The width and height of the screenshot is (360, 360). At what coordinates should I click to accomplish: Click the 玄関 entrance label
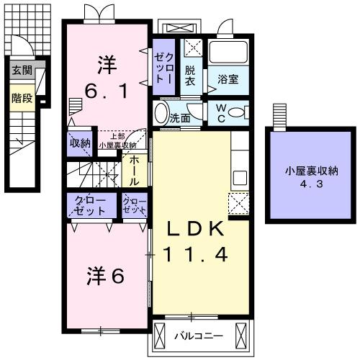(x=22, y=71)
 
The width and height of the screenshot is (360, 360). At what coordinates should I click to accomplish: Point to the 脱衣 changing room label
(x=190, y=76)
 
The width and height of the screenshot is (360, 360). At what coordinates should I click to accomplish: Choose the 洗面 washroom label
(x=179, y=117)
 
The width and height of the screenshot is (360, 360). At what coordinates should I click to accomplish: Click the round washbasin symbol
(x=161, y=114)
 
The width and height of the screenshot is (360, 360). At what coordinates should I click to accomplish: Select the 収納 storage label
(x=80, y=143)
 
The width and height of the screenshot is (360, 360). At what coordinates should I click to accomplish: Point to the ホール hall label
(x=134, y=171)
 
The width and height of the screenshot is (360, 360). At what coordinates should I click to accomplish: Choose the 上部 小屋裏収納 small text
(x=117, y=140)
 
